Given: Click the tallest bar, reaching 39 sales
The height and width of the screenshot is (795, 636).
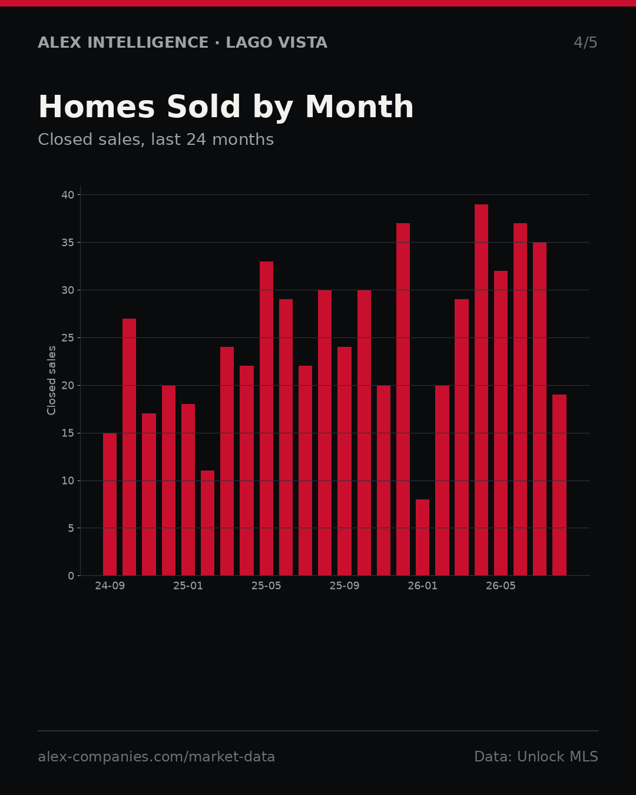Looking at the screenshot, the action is [481, 390].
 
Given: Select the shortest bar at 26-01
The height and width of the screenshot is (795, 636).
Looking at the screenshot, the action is [422, 538].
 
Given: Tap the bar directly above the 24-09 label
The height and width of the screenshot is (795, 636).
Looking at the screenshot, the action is [110, 504].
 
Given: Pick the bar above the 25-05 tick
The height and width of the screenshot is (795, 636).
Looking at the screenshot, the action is [266, 419].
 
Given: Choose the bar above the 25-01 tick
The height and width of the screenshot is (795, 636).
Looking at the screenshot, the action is [188, 490].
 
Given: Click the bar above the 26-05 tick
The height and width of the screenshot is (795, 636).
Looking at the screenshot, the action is [501, 423].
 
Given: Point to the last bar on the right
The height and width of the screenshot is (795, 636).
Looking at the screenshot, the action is [559, 485].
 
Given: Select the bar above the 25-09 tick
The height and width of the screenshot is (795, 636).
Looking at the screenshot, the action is [344, 461].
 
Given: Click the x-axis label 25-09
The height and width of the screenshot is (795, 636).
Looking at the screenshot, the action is [344, 586].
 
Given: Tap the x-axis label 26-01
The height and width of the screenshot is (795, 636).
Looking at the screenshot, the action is [422, 586].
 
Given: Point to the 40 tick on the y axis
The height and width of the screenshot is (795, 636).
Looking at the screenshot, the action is [68, 195].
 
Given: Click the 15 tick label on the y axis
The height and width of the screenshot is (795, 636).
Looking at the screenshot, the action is [68, 433].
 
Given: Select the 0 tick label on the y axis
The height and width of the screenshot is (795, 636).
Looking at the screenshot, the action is [71, 576].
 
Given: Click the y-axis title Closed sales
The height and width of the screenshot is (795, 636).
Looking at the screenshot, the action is [51, 380].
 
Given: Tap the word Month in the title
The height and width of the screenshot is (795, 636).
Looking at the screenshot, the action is [359, 107].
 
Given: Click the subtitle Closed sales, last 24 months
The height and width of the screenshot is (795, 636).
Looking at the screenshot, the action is [156, 140].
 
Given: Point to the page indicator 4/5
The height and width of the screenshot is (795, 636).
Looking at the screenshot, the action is [585, 42].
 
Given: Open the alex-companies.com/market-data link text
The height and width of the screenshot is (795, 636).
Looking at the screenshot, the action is [157, 757].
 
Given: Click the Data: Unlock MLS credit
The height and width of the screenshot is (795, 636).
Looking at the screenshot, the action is [536, 757].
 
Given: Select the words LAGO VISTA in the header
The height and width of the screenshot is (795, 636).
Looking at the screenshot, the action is [277, 42].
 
